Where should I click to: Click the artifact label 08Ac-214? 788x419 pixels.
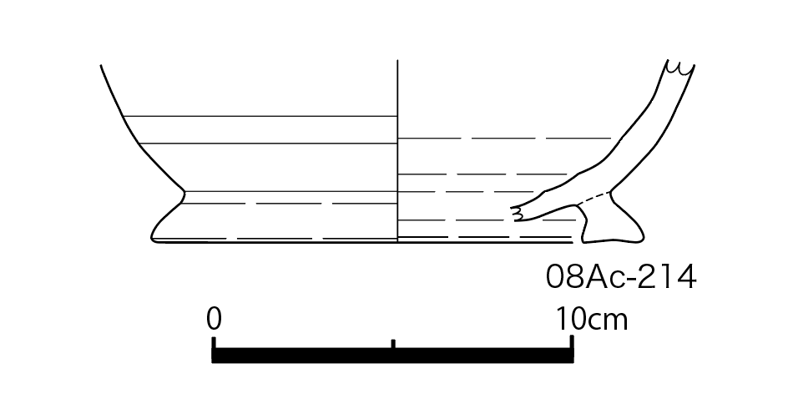click(x=621, y=277)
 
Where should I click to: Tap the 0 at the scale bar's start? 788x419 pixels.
click(x=214, y=319)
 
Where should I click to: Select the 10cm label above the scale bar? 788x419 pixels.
click(x=592, y=319)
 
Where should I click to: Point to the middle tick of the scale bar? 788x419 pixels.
click(x=393, y=344)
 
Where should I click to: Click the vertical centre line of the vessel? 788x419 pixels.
click(x=397, y=151)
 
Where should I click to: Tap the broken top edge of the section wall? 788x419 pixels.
click(x=680, y=68)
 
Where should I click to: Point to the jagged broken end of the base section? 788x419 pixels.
click(x=517, y=214)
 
